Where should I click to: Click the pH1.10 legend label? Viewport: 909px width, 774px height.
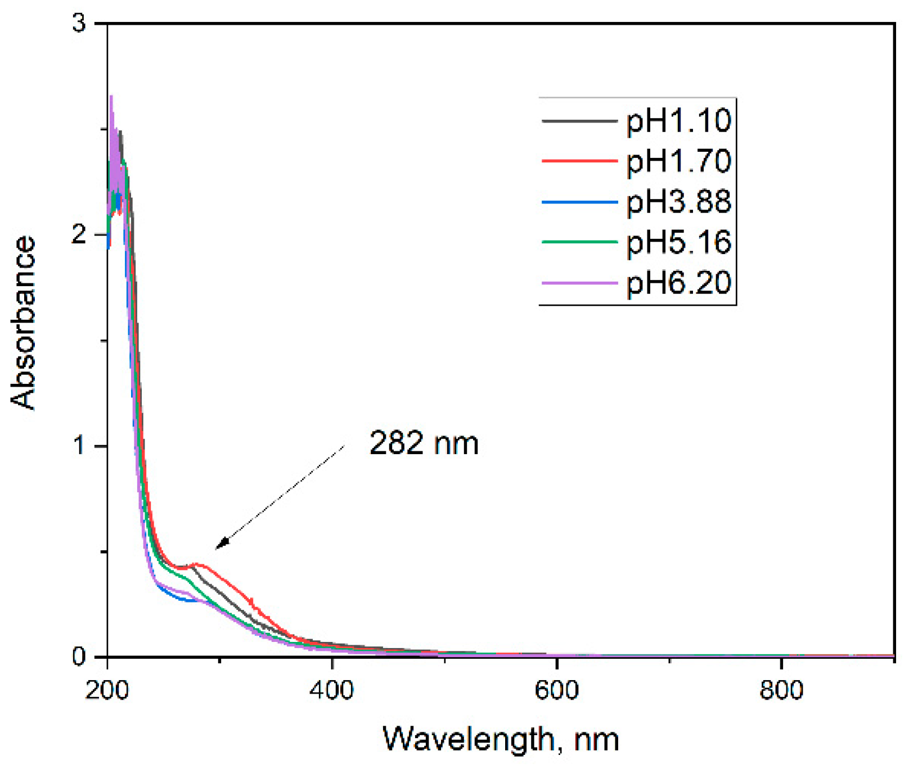pyautogui.click(x=678, y=120)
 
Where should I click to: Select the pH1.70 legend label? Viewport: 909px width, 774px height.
pyautogui.click(x=678, y=161)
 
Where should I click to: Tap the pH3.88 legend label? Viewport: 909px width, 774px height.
pyautogui.click(x=678, y=202)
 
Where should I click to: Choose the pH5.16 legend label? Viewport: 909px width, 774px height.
pyautogui.click(x=678, y=242)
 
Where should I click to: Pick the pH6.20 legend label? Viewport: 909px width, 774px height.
pyautogui.click(x=678, y=283)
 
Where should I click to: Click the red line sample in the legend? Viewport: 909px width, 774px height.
pyautogui.click(x=579, y=161)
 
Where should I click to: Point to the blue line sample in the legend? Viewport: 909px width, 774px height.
pyautogui.click(x=579, y=202)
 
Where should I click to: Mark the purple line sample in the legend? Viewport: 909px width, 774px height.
pyautogui.click(x=579, y=283)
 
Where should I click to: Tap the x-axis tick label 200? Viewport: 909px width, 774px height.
pyautogui.click(x=107, y=690)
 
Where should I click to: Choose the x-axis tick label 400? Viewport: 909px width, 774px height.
pyautogui.click(x=332, y=690)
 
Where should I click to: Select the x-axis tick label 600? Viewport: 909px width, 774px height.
pyautogui.click(x=557, y=690)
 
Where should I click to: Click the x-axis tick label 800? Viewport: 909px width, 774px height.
pyautogui.click(x=781, y=690)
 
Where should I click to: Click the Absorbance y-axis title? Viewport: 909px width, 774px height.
pyautogui.click(x=24, y=323)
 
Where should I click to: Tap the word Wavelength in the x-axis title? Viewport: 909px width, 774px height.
pyautogui.click(x=468, y=739)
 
